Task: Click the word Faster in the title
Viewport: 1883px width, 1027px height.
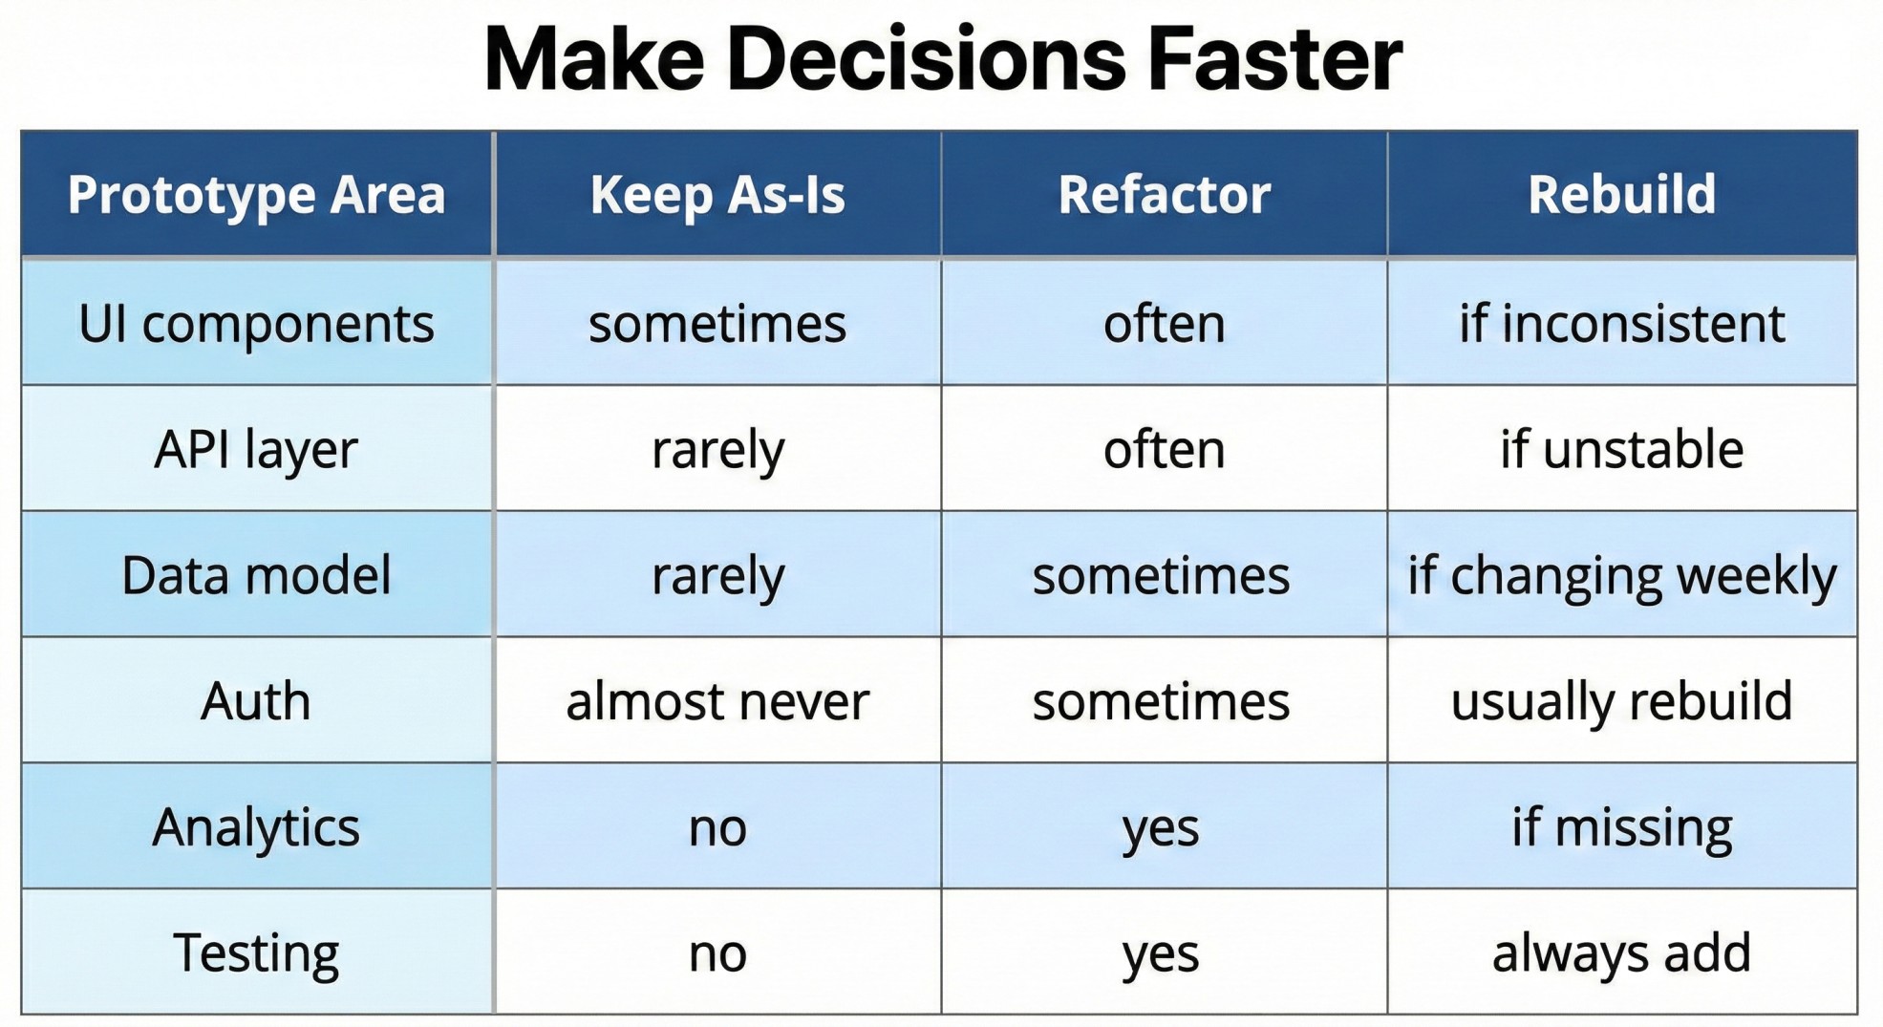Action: [x=1274, y=59]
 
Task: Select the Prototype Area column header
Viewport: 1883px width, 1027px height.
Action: [x=256, y=196]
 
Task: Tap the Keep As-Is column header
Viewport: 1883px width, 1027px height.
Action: [x=717, y=195]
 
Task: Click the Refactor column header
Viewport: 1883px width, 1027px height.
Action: [x=1164, y=195]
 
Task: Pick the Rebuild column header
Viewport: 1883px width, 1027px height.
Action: [x=1621, y=195]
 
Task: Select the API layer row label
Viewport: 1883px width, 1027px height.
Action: [x=256, y=450]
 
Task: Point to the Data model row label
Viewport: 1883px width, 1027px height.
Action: [x=256, y=575]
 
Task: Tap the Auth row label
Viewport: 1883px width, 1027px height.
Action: [x=256, y=701]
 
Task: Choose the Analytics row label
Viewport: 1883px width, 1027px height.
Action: [x=256, y=827]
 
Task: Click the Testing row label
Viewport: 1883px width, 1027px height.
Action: [x=256, y=953]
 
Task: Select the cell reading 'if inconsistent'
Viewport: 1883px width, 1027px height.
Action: [x=1621, y=324]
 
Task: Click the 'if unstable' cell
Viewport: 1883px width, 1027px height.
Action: [x=1621, y=449]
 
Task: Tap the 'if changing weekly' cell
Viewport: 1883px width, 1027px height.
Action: [x=1621, y=576]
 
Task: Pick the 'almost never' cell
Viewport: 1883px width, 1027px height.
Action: [x=717, y=702]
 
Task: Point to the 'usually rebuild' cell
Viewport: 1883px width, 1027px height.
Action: [x=1621, y=701]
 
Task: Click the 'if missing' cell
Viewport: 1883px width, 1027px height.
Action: [x=1621, y=827]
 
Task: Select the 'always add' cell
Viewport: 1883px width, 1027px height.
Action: [x=1621, y=953]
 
